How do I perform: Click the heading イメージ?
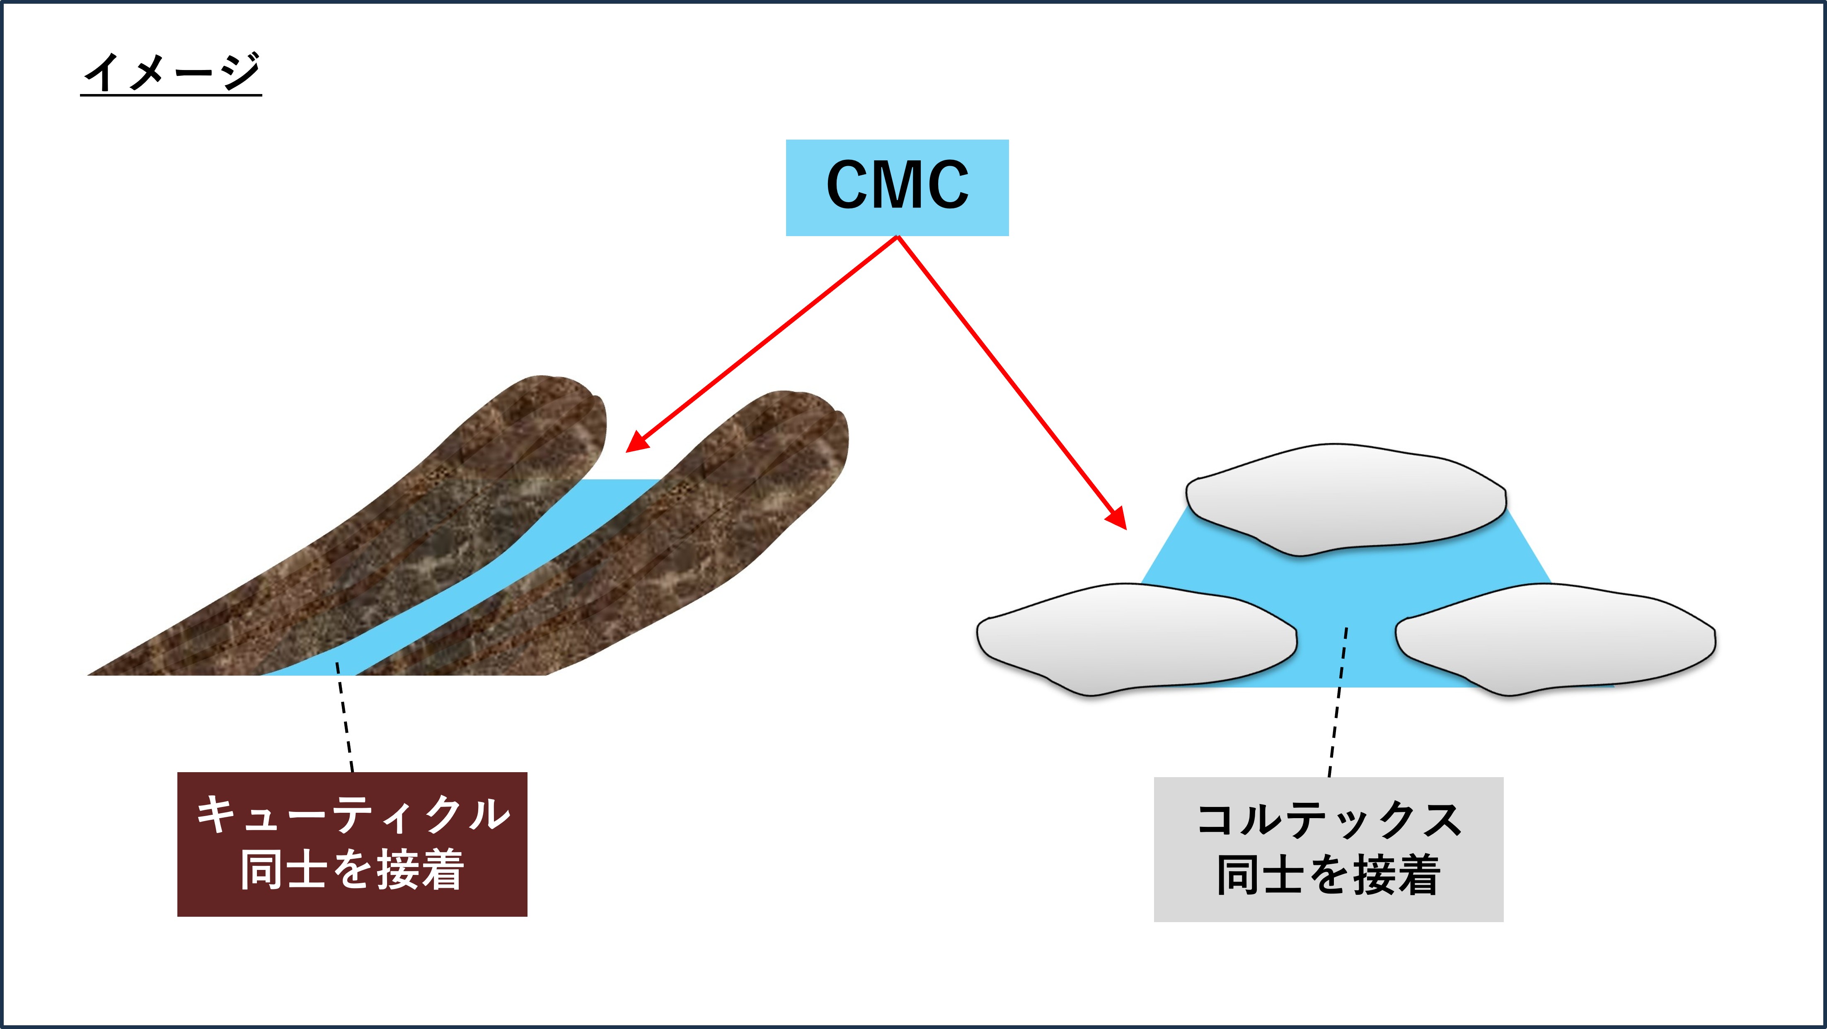pos(172,72)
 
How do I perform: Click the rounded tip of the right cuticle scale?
pos(808,425)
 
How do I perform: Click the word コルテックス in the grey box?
pos(1329,821)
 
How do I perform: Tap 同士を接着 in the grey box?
pos(1329,875)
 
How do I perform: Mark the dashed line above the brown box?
pos(345,716)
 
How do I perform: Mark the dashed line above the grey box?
pos(1338,702)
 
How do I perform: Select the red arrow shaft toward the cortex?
pos(1007,376)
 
